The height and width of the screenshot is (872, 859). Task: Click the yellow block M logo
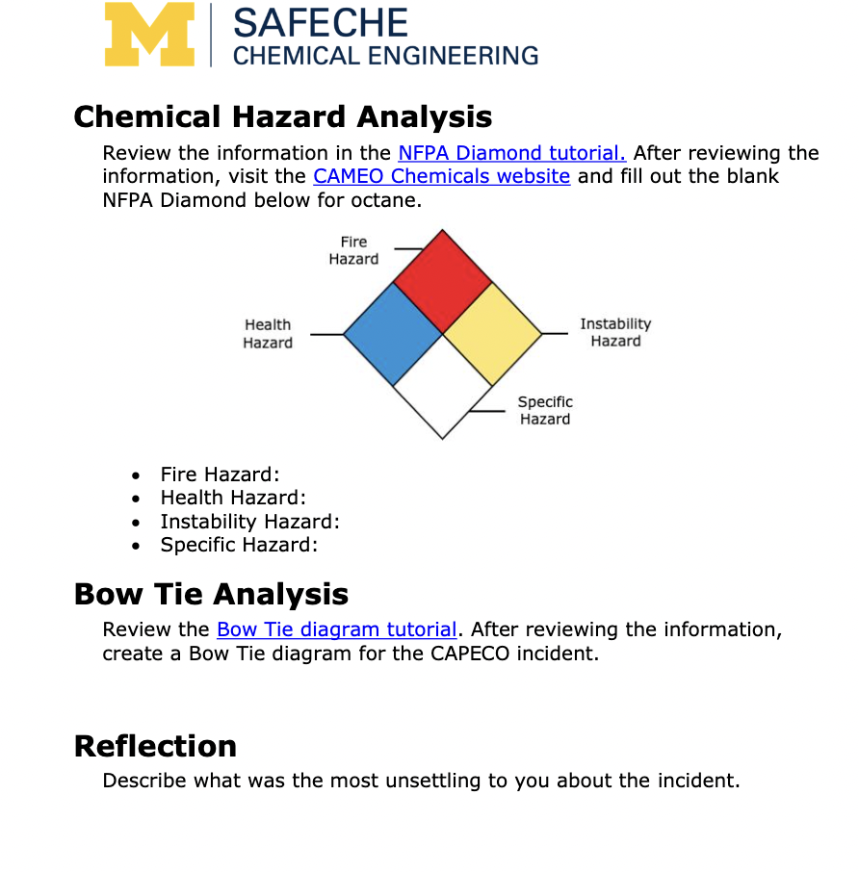(148, 34)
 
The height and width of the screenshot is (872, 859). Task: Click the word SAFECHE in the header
(320, 23)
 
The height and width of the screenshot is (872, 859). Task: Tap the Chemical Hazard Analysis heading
(282, 116)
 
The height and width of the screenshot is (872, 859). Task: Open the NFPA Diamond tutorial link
(511, 153)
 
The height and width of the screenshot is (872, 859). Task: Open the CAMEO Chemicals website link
(441, 176)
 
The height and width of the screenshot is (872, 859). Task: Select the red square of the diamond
(443, 281)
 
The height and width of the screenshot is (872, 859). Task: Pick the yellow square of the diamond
(492, 333)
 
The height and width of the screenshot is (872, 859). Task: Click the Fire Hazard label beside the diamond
(353, 250)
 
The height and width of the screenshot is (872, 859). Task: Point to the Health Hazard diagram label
(268, 334)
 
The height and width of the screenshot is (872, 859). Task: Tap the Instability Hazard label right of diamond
(614, 332)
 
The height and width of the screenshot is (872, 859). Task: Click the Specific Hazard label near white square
(544, 410)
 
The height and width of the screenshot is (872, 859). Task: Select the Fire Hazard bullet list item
(220, 474)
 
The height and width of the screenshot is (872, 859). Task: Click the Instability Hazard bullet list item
(249, 522)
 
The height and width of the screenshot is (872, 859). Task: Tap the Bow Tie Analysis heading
(211, 594)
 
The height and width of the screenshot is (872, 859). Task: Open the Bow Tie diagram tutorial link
(336, 629)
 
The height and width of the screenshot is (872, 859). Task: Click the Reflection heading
(155, 746)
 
